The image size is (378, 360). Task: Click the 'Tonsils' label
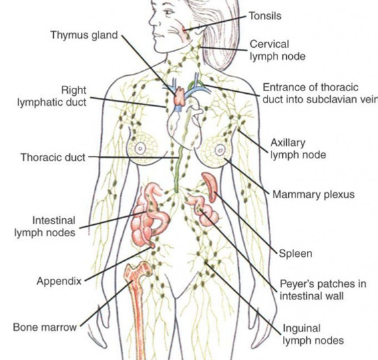click(265, 16)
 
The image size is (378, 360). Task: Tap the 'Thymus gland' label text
click(84, 35)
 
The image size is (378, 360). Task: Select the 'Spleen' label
click(295, 254)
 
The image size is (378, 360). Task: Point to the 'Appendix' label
click(59, 281)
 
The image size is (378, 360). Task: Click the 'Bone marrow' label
click(45, 327)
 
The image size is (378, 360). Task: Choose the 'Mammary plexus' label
click(313, 194)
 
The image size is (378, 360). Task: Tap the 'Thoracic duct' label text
click(53, 158)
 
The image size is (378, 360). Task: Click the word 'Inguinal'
click(301, 329)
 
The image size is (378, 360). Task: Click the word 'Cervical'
click(270, 45)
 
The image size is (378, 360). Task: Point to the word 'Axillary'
click(288, 143)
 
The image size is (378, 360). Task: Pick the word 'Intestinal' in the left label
click(54, 220)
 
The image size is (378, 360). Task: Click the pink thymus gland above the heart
click(180, 96)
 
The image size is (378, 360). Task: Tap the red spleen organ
click(211, 186)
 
